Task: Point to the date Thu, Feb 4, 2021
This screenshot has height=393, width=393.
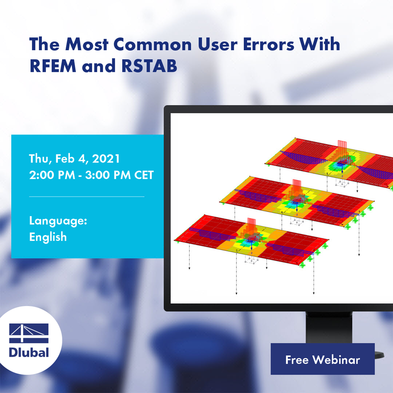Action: click(74, 159)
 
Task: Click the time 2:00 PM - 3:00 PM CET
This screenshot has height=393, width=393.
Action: click(91, 175)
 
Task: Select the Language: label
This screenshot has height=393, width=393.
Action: click(58, 221)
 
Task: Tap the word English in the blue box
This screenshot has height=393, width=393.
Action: click(48, 237)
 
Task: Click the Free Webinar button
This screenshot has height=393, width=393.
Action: click(322, 359)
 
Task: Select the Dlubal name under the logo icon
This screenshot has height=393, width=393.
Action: click(29, 352)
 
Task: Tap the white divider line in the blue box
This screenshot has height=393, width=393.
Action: click(87, 196)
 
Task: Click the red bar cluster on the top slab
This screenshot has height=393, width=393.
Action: click(342, 150)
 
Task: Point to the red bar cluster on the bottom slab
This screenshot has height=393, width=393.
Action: click(252, 226)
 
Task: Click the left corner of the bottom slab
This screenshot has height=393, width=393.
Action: click(175, 240)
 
